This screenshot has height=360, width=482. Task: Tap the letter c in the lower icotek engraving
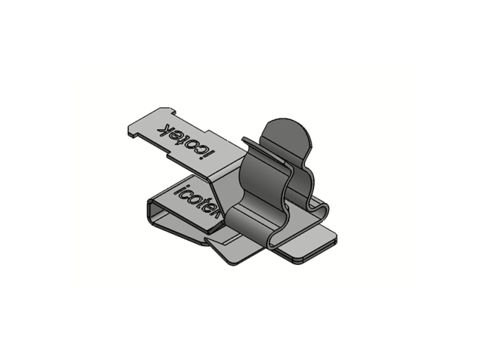[x=185, y=194]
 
